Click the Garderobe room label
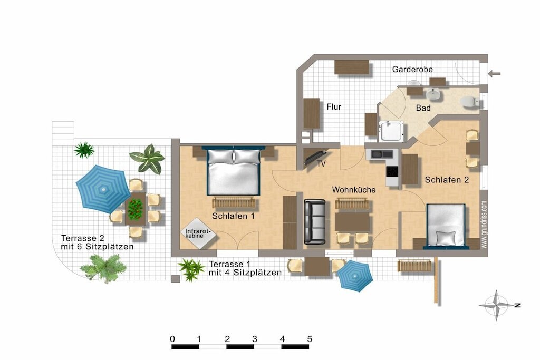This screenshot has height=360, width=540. tap(412, 69)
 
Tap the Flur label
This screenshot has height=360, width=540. tap(334, 106)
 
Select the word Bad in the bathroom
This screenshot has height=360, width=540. tap(423, 108)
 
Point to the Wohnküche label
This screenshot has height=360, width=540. tap(354, 190)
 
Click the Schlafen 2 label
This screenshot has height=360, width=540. tap(447, 180)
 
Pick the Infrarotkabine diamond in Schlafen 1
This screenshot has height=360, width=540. tap(198, 233)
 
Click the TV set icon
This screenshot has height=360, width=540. tap(316, 157)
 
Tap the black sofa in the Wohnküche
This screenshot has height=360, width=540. tap(315, 222)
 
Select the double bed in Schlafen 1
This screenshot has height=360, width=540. tap(234, 171)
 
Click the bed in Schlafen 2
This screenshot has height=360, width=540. tap(446, 226)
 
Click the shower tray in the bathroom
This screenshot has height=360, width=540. tap(391, 131)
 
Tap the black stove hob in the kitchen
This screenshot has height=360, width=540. tap(392, 171)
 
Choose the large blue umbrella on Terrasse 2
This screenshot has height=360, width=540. tap(103, 189)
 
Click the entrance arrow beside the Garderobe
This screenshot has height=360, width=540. tap(494, 73)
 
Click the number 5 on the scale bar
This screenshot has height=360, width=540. tap(310, 339)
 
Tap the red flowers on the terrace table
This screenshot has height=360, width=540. tap(135, 209)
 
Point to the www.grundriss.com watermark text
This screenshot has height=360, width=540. tap(484, 225)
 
